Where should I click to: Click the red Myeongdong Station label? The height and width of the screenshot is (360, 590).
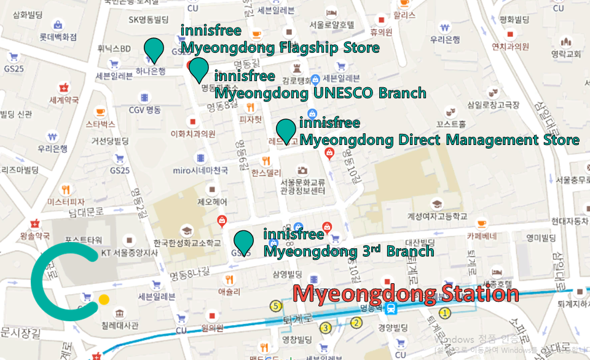(x=406, y=294)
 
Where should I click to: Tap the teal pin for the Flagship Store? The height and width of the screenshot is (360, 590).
(x=154, y=50)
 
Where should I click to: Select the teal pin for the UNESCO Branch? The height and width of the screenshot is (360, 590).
(x=198, y=70)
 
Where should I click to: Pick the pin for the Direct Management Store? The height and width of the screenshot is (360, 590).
(x=285, y=131)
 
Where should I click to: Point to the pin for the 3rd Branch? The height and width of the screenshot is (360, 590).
(x=244, y=243)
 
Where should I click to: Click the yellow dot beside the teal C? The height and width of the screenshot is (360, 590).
(x=104, y=300)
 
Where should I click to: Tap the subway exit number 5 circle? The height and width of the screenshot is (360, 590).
(x=276, y=305)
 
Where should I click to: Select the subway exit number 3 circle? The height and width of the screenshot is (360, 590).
(x=326, y=327)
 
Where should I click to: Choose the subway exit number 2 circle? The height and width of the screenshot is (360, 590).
(x=356, y=323)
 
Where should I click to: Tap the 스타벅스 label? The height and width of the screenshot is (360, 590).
(x=100, y=124)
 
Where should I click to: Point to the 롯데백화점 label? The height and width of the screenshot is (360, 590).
(x=58, y=37)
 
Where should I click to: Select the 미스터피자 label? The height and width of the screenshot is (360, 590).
(x=65, y=201)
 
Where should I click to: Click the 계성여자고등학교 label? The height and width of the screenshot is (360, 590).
(x=437, y=216)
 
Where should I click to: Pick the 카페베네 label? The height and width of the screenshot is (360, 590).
(x=481, y=235)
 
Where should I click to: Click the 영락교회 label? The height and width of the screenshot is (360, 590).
(x=566, y=54)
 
